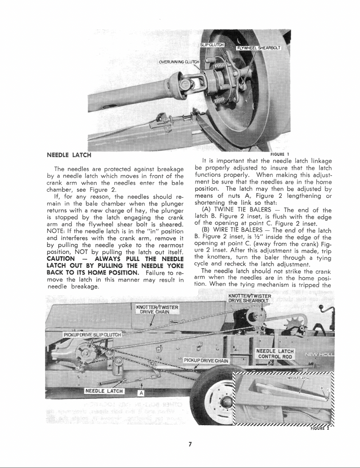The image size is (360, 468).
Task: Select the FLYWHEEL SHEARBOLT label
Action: coord(259,48)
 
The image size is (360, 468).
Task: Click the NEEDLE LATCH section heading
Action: coord(69,155)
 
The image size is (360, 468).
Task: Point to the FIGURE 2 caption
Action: coord(320,428)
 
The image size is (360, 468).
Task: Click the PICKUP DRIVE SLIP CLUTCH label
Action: coord(92,335)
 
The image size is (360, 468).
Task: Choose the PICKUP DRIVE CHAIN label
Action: coord(207,361)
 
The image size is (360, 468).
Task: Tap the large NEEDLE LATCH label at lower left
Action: coord(104,391)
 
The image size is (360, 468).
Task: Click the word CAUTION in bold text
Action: coord(61,259)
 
